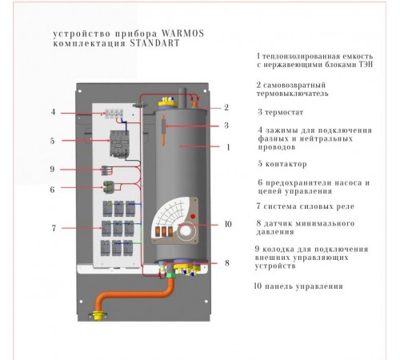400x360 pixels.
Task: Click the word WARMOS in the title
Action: coord(183,34)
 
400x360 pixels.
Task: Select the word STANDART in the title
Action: coord(154,43)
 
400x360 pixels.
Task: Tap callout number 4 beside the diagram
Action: coord(54,112)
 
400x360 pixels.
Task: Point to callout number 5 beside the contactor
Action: coord(53,141)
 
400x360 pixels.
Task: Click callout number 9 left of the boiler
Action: coord(52,169)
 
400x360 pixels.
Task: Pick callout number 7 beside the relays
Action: coord(54,228)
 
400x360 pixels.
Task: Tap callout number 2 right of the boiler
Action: coord(226,107)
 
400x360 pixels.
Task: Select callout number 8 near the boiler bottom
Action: coord(227,263)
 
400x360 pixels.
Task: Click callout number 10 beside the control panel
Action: coord(228,224)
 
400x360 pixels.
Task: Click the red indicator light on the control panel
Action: coord(193,216)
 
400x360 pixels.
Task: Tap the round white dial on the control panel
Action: coord(186,231)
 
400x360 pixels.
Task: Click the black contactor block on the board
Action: coord(119,143)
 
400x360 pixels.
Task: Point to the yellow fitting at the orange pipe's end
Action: coord(98,315)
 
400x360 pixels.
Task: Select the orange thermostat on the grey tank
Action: coord(163,130)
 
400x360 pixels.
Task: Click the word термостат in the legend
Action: coord(284,112)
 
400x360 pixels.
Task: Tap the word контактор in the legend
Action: coord(286,164)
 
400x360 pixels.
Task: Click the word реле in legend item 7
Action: coord(346,206)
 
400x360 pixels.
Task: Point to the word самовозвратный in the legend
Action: coord(294,86)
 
